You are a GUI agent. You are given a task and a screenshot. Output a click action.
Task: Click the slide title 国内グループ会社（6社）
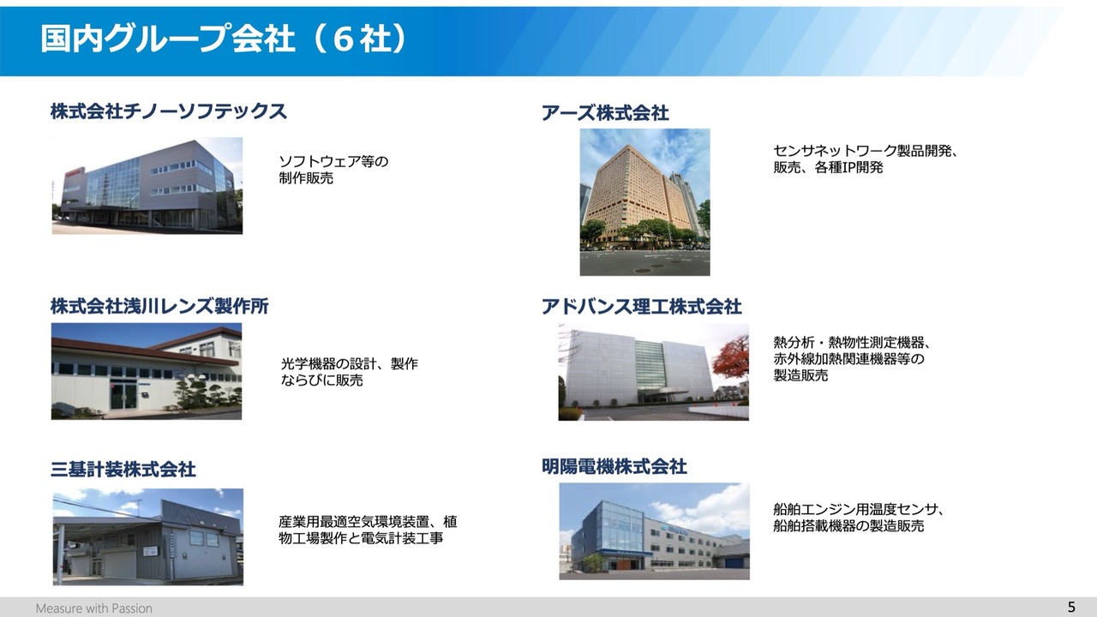tap(224, 39)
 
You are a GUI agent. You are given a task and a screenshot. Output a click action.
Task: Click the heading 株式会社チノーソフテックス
tap(169, 111)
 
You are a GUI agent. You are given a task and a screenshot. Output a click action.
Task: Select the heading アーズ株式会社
tap(605, 113)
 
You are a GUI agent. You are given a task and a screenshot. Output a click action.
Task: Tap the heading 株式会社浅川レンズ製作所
tap(159, 306)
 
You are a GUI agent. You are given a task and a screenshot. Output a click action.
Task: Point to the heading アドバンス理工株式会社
tap(642, 307)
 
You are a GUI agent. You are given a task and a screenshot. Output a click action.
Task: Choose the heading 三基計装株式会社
tap(123, 470)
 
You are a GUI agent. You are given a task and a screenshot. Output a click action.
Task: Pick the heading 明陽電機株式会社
tap(614, 467)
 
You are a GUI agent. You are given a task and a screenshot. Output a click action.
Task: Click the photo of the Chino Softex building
tap(147, 186)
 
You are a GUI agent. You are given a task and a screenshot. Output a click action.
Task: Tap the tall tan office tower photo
tap(645, 202)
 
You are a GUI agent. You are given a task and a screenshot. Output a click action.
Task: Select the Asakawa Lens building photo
tap(147, 371)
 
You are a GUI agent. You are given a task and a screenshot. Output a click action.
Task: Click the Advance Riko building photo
tap(653, 372)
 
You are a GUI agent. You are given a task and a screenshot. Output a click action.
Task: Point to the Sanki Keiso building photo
tap(148, 536)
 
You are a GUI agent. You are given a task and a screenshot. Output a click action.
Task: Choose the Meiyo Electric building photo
tap(654, 531)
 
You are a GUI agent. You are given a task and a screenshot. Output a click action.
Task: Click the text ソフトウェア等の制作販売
tap(333, 170)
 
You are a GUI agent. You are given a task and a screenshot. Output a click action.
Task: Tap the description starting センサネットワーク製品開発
tap(866, 159)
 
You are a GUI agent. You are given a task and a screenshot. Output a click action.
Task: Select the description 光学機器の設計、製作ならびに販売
tap(350, 372)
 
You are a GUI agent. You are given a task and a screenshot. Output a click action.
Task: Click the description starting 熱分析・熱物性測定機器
tap(852, 359)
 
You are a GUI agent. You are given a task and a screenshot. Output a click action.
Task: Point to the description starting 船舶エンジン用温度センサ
tap(859, 518)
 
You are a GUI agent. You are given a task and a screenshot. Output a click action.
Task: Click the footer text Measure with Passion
tap(94, 608)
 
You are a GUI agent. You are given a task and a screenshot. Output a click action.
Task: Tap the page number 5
tap(1071, 608)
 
